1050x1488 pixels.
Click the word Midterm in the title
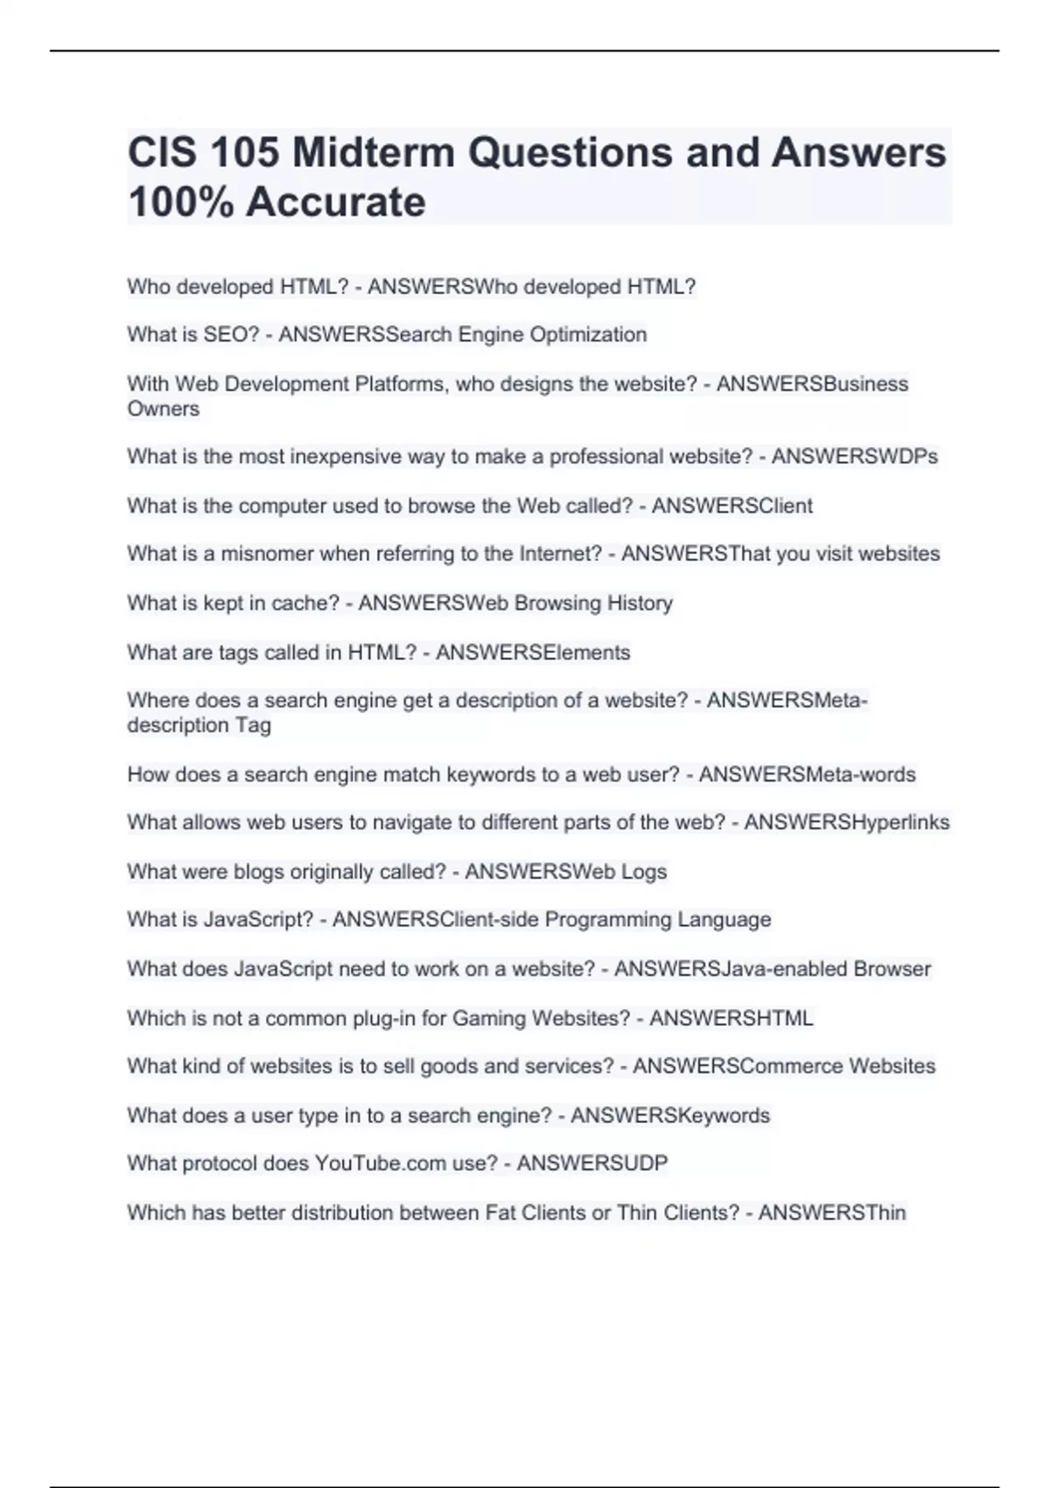click(374, 152)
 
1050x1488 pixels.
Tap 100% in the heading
click(179, 202)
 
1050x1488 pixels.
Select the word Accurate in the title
click(336, 202)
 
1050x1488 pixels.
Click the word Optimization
click(588, 334)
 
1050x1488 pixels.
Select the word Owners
click(163, 409)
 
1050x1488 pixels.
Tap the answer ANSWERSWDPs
click(854, 457)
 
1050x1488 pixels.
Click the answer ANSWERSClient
click(731, 506)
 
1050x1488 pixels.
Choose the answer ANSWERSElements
click(533, 652)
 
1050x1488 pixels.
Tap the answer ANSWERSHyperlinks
click(846, 823)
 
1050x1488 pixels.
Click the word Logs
click(644, 872)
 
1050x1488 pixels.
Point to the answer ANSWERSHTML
click(731, 1018)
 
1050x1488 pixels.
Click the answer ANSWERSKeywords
click(669, 1115)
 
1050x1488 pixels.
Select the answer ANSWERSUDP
click(591, 1163)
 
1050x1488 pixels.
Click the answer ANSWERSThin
click(831, 1212)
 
